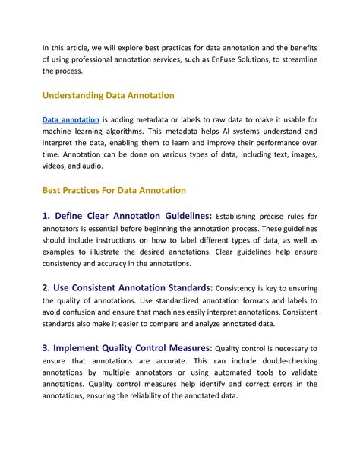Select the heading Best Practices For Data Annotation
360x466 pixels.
(x=114, y=189)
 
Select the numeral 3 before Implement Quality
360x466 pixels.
(x=46, y=347)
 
